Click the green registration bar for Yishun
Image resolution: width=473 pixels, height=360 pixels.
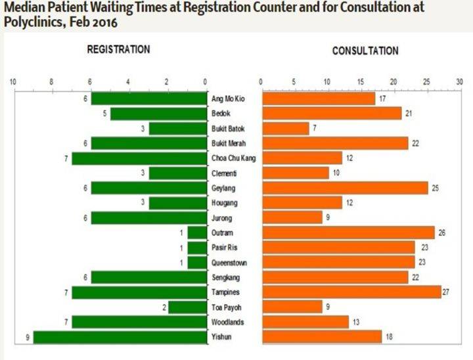pos(120,337)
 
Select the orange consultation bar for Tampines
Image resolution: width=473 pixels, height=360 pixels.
pos(351,292)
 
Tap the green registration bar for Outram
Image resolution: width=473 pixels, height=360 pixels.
pos(196,233)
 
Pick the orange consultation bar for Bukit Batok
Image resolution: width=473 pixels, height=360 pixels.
pos(286,128)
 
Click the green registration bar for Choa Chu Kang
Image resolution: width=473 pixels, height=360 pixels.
pos(139,158)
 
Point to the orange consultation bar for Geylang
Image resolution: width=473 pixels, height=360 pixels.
pos(345,189)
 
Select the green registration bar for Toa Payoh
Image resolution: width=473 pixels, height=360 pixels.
pos(187,307)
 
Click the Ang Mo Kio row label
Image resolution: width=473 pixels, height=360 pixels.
pos(227,99)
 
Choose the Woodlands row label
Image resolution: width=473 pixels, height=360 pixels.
pos(227,322)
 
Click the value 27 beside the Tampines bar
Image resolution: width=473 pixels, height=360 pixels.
pos(446,292)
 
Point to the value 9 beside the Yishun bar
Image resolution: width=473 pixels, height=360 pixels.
pos(27,337)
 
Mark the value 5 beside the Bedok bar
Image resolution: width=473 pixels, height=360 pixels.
pos(104,114)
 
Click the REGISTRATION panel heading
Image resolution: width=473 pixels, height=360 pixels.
pos(118,50)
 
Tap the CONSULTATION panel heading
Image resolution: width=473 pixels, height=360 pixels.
pos(365,51)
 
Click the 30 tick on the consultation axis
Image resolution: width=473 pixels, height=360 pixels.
pos(459,82)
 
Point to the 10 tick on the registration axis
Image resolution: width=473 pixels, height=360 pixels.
pos(12,82)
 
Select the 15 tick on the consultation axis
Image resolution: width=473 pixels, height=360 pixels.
pos(361,82)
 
